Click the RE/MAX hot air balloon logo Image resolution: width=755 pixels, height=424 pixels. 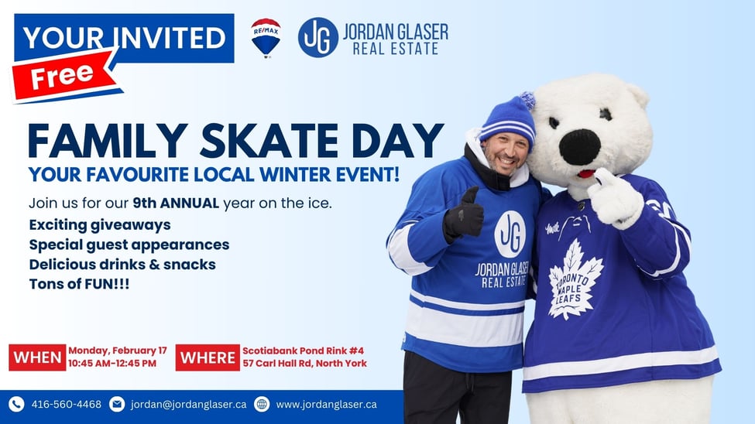point(266,38)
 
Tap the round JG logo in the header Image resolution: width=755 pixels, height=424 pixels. point(317,38)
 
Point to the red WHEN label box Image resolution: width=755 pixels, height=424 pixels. point(38,357)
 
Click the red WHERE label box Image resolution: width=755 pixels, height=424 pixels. point(208,357)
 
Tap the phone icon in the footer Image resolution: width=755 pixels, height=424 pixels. point(16,404)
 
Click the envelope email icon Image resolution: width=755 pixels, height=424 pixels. point(117,404)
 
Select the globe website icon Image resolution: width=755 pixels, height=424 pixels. point(262,404)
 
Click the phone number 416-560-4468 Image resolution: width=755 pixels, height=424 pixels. point(67,404)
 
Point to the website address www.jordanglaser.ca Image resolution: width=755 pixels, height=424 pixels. point(327,404)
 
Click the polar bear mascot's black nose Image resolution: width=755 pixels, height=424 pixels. point(580,147)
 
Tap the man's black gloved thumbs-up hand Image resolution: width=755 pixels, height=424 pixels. point(464,214)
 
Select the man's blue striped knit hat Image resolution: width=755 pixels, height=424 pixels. point(509,121)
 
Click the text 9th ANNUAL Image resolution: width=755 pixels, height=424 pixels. point(176,203)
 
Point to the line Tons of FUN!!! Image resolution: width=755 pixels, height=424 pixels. point(79,284)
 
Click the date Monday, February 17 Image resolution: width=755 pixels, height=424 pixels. point(118,350)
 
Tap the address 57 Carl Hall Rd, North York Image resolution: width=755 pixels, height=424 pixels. point(305,364)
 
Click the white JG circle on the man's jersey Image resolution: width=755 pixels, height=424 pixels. point(510,234)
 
